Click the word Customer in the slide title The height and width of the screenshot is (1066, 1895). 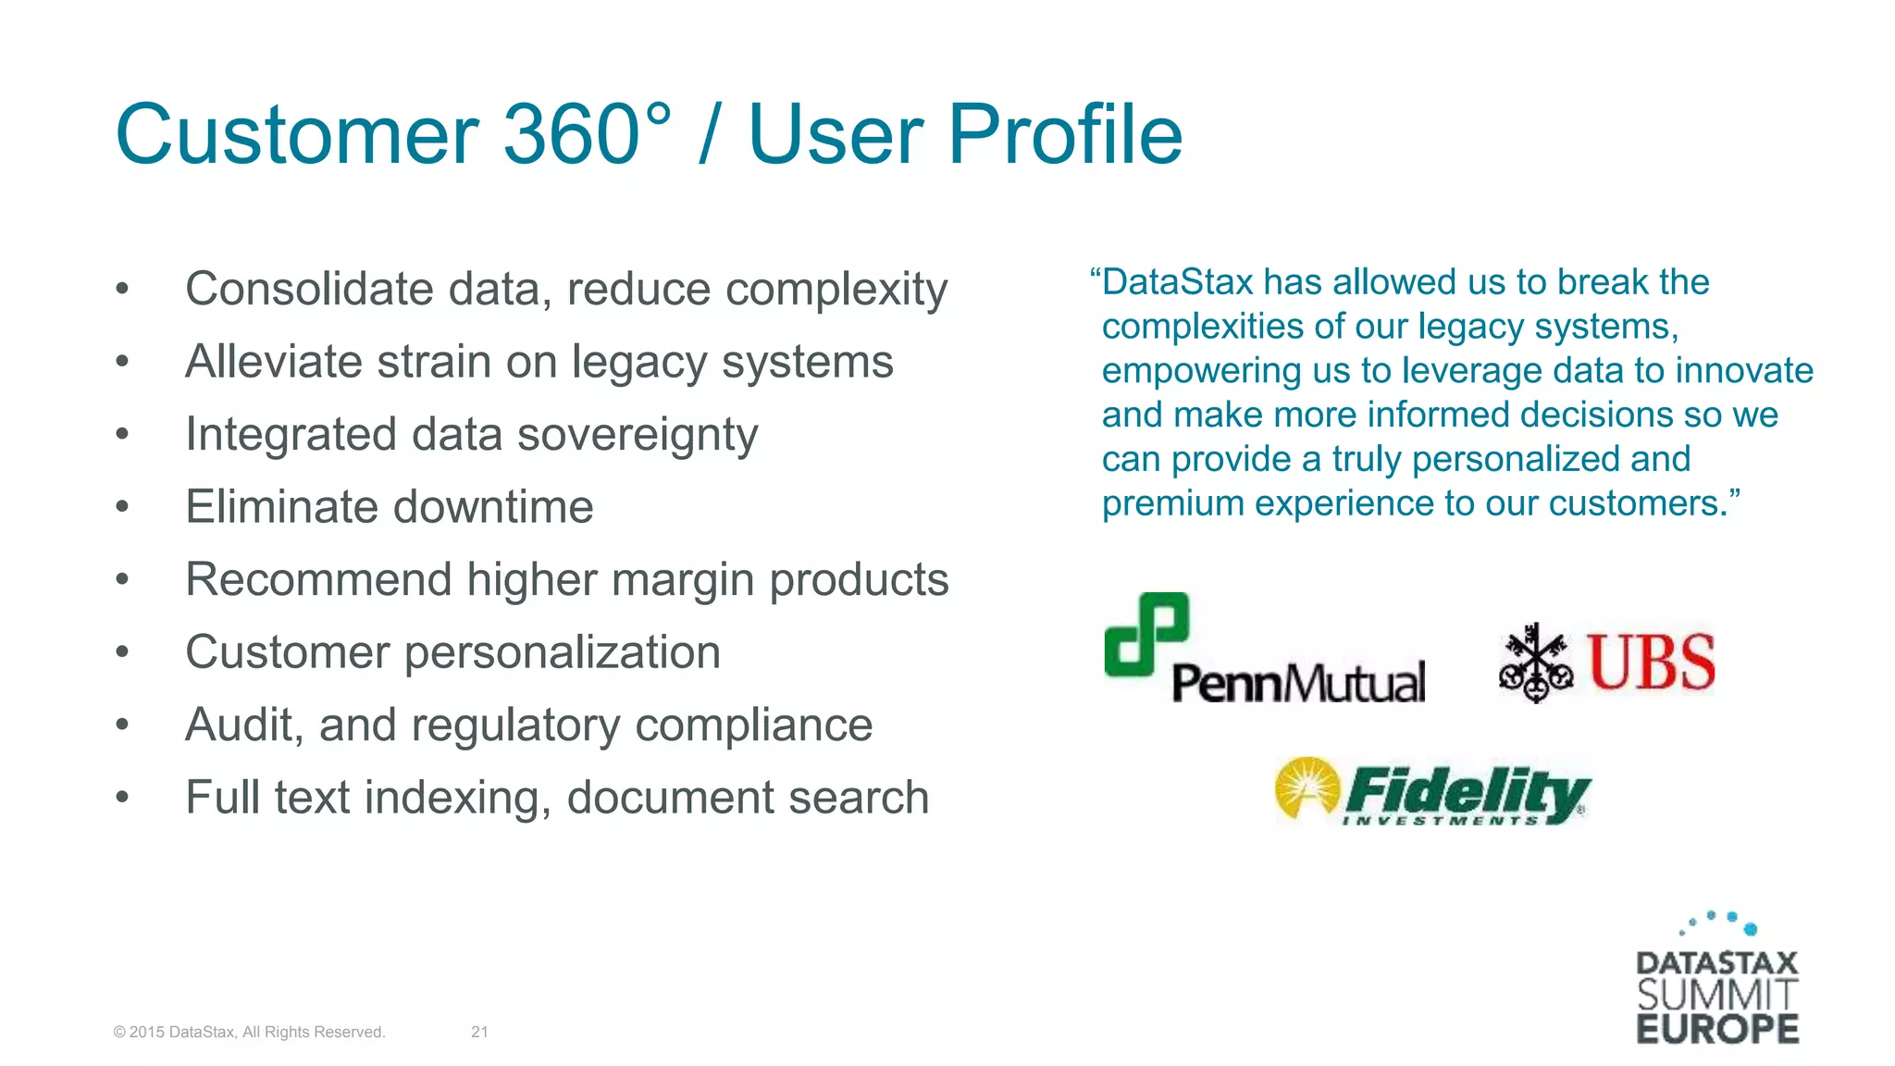pos(297,135)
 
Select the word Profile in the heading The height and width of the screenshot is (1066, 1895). pos(1065,135)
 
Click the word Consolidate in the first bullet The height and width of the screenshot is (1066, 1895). pos(309,289)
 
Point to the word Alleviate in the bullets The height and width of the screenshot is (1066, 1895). pos(274,361)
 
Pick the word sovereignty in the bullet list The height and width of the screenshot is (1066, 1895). pos(638,435)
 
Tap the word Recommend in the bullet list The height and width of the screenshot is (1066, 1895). pos(318,580)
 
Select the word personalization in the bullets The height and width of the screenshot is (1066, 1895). pos(563,652)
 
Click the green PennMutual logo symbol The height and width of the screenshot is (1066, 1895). pos(1146,635)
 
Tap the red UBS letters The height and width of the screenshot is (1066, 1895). pos(1652,663)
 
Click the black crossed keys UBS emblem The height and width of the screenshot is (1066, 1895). pos(1535,663)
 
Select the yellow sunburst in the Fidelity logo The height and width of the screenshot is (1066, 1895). pos(1307,789)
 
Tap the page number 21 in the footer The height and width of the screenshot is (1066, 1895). pos(479,1032)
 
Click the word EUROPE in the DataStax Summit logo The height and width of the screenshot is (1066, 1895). pos(1717,1029)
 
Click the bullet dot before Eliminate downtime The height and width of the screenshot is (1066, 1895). pos(122,507)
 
